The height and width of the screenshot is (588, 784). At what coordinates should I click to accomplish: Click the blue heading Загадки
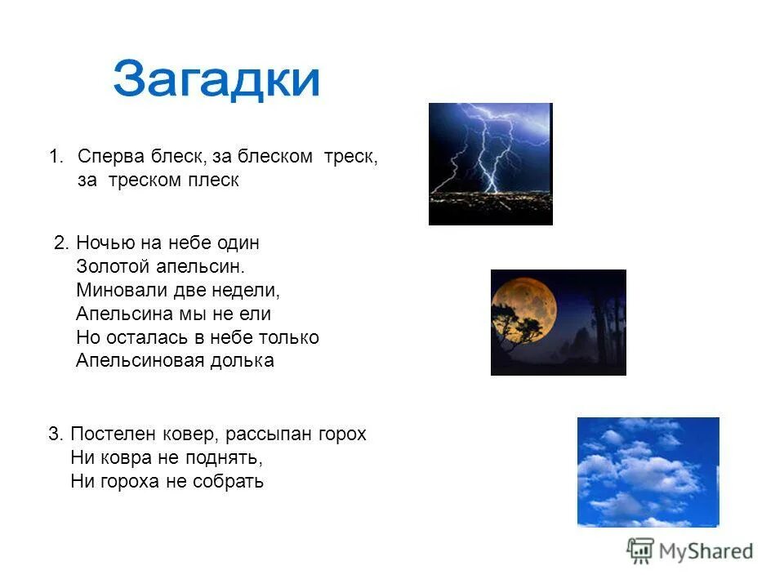tap(216, 80)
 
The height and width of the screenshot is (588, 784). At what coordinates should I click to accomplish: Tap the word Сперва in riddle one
tap(110, 157)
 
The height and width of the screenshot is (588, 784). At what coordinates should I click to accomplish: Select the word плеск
tap(216, 180)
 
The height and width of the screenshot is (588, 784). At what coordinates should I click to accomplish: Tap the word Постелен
tap(108, 434)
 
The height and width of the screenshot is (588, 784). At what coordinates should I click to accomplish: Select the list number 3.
tap(53, 434)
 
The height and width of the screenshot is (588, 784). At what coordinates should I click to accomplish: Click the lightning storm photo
tap(490, 163)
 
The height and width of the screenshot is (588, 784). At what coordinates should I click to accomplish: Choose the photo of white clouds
tap(648, 472)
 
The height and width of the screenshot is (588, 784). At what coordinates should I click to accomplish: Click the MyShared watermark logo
tap(690, 551)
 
